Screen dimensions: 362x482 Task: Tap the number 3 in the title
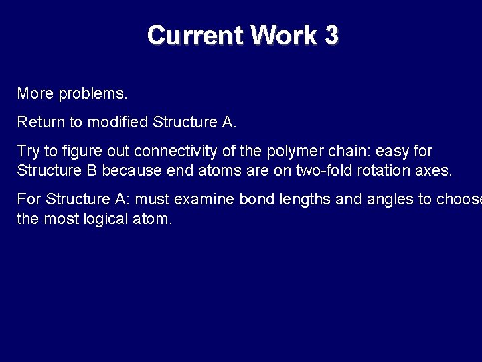[331, 35]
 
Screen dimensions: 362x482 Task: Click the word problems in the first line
[92, 94]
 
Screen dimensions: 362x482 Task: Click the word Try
[28, 152]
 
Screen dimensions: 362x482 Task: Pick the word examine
[204, 199]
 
